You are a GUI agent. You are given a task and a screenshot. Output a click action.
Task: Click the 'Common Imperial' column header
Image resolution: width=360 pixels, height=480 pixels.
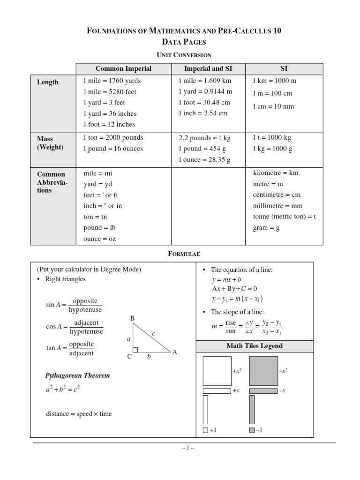click(x=124, y=68)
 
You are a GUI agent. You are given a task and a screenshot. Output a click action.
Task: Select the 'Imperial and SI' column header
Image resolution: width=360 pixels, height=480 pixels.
click(x=208, y=68)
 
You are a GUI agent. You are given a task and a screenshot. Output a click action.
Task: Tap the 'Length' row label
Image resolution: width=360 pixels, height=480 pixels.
click(x=48, y=82)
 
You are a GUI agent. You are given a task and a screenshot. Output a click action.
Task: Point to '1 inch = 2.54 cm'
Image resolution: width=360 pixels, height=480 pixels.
click(x=203, y=113)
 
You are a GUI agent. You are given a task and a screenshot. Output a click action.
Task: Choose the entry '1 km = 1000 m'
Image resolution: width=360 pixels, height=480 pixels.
click(x=275, y=81)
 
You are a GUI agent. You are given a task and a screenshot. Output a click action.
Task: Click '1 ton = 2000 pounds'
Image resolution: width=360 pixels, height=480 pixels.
click(x=113, y=138)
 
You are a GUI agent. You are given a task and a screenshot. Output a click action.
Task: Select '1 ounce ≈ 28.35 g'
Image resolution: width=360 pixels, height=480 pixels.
click(x=204, y=160)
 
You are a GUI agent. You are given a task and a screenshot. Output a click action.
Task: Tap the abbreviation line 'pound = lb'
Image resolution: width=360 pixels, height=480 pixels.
click(x=99, y=228)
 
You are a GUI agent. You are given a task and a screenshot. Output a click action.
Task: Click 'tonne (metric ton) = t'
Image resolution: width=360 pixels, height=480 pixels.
click(x=285, y=217)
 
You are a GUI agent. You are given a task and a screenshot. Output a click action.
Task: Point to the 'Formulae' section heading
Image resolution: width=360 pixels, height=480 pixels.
click(x=184, y=254)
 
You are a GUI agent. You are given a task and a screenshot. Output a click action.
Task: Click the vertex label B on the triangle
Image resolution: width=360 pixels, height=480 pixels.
click(x=133, y=319)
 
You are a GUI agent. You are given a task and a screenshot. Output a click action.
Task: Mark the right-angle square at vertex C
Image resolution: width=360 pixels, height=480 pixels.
click(x=135, y=350)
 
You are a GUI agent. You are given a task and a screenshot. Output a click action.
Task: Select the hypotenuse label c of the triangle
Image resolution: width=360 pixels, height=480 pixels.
click(x=153, y=333)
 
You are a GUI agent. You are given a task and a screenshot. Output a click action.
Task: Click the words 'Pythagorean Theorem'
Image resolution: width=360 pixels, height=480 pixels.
click(x=77, y=375)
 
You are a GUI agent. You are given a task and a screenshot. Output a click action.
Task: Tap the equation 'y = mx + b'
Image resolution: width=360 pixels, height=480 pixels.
click(x=226, y=279)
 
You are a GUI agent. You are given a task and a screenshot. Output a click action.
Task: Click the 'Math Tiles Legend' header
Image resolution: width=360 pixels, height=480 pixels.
click(x=255, y=346)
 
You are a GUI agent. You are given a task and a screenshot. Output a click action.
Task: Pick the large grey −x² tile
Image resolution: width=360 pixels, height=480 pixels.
click(x=263, y=371)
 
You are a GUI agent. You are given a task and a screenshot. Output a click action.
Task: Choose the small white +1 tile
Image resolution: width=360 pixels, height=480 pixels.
click(x=205, y=430)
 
